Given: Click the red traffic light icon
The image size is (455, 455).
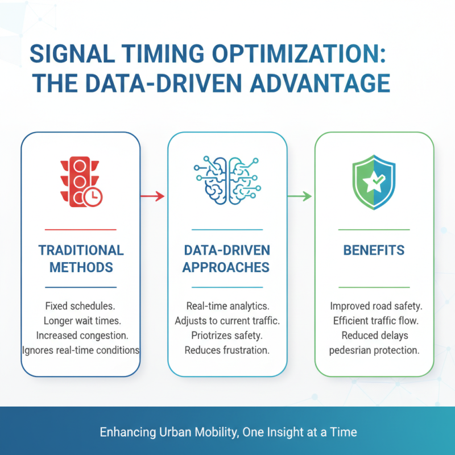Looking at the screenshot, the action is (x=81, y=182).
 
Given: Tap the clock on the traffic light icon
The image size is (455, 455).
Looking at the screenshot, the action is (x=93, y=197).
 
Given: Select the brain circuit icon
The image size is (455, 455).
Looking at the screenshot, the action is (x=227, y=180).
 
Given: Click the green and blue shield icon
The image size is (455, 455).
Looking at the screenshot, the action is (x=374, y=182).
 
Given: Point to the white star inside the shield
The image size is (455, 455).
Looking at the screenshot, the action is (x=373, y=182).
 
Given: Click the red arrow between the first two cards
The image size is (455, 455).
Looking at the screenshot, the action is (x=152, y=196).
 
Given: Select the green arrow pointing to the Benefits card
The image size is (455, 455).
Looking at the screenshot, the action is (x=300, y=196).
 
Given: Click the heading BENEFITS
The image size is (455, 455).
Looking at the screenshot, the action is (x=374, y=250).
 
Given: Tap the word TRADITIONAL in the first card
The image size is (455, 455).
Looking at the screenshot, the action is (x=81, y=250).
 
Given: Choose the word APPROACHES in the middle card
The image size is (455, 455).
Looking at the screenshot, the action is (x=226, y=267).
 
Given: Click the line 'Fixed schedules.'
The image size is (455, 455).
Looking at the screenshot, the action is (x=80, y=306).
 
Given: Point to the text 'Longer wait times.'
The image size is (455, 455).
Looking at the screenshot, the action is (x=82, y=321).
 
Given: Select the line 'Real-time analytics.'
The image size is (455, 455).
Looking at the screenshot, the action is (x=228, y=306).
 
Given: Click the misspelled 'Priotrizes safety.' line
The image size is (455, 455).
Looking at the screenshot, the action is (x=227, y=336).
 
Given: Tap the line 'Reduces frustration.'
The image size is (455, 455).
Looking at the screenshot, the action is (x=227, y=350).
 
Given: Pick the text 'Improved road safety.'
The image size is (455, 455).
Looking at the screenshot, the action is (x=376, y=306).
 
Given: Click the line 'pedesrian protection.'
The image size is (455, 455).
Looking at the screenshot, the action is (x=374, y=350).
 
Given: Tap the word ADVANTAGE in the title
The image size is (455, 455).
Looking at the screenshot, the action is (x=320, y=83).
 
